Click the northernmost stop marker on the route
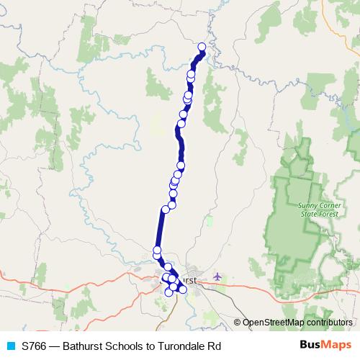point(202,48)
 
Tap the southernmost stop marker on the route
point(168,292)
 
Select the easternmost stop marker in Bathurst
point(183,289)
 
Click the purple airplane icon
point(217,276)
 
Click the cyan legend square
point(9,346)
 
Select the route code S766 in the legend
point(35,346)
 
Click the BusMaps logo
point(325,346)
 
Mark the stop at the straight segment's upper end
point(166,209)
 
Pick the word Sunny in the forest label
point(307,204)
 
